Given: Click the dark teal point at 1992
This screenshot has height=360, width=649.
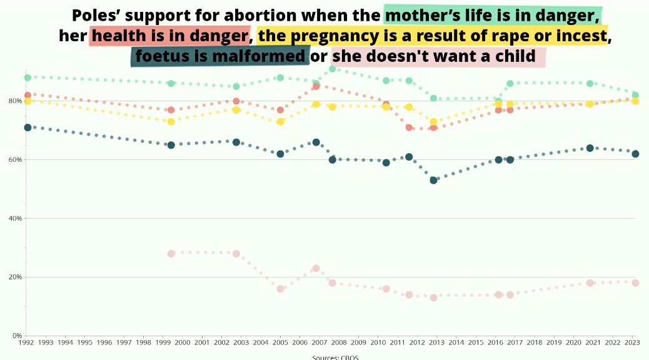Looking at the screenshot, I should click(x=28, y=127).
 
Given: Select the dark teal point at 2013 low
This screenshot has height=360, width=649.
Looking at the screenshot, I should click(x=433, y=180).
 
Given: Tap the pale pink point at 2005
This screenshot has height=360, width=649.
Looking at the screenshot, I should click(x=280, y=289).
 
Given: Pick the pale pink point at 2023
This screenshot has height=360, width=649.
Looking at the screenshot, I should click(x=635, y=283).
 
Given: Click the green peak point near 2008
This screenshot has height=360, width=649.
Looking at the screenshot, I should click(x=333, y=69).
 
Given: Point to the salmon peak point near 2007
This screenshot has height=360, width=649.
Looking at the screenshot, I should click(x=316, y=86).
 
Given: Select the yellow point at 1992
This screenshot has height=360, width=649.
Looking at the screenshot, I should click(x=28, y=101).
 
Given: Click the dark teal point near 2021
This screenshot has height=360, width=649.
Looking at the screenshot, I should click(x=590, y=148).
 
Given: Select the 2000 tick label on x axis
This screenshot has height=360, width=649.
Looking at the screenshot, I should click(x=182, y=342).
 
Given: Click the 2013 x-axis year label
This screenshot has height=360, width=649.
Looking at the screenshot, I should click(x=436, y=342).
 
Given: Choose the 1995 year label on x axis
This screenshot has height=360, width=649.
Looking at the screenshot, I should click(x=84, y=342).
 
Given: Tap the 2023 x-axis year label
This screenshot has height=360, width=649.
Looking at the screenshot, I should click(x=632, y=342).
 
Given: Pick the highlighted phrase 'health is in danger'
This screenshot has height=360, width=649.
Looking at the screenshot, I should click(x=169, y=36).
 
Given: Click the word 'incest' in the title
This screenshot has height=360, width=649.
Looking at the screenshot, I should click(x=582, y=36).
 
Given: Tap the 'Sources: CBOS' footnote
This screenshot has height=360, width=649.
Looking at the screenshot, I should click(x=335, y=357).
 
